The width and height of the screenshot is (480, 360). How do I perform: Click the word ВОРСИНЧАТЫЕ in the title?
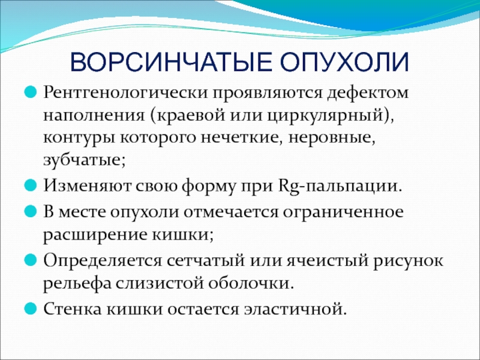[172, 62]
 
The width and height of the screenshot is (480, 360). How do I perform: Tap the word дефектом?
[368, 92]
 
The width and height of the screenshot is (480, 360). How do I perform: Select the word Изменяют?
[87, 185]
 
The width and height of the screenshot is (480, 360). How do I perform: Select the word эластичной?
[293, 309]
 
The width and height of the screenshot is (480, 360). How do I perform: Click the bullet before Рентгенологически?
[31, 92]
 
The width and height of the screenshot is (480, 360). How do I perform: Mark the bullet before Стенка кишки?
[31, 308]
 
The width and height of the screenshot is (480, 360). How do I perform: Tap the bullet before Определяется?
[31, 260]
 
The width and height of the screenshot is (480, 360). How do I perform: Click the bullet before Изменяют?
[31, 185]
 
